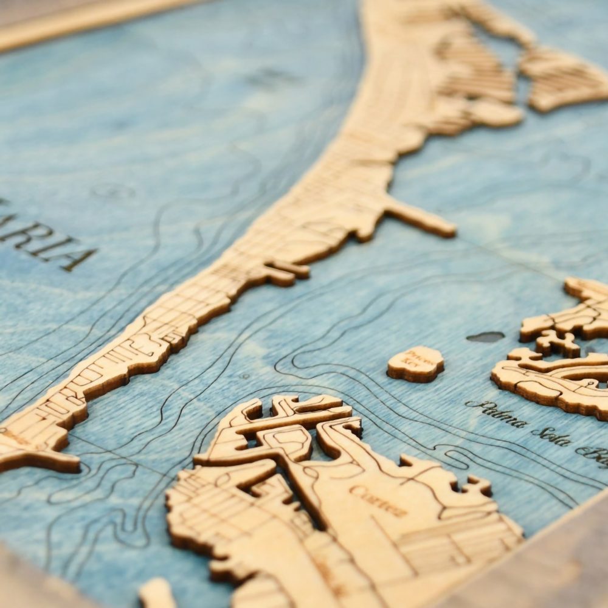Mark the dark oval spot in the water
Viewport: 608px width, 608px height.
click(485, 336)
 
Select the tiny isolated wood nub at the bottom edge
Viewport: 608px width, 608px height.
click(156, 593)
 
